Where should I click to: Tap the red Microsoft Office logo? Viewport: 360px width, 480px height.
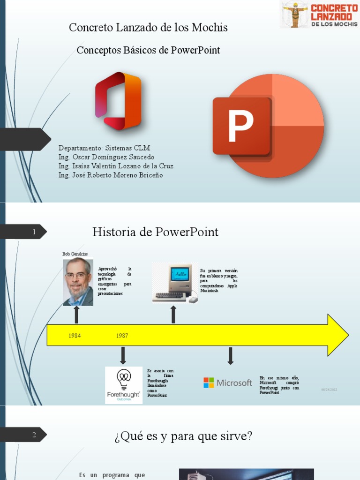(x=118, y=101)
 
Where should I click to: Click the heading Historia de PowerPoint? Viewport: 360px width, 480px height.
(x=155, y=232)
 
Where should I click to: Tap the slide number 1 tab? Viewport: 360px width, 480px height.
(x=34, y=232)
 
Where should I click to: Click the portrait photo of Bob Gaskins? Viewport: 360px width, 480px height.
(x=78, y=282)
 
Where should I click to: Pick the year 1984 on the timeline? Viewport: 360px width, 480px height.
(x=75, y=336)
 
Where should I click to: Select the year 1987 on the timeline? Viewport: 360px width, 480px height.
(x=122, y=336)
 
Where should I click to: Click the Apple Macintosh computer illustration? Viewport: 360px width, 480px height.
(x=175, y=284)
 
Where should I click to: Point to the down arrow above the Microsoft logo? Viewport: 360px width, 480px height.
(x=230, y=356)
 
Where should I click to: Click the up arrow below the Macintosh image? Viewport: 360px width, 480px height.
(x=173, y=314)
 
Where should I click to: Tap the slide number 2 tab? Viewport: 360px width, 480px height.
(x=34, y=435)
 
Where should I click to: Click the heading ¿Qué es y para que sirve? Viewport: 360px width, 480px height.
(x=183, y=436)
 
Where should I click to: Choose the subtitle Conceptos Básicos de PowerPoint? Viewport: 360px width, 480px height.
(x=148, y=50)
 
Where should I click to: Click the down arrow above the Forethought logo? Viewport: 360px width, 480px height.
(x=123, y=356)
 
